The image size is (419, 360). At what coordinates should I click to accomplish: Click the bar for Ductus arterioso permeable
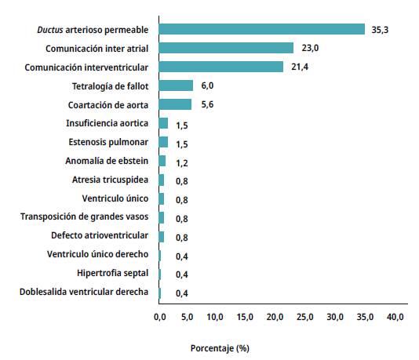tap(262, 29)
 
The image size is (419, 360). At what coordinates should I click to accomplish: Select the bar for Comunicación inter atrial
tap(226, 48)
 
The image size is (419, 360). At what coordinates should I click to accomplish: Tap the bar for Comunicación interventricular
tap(221, 67)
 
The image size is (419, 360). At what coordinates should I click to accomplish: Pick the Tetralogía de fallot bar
tap(176, 85)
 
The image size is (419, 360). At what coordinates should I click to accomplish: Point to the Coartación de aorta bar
tap(175, 104)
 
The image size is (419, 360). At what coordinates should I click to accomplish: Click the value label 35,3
tap(379, 30)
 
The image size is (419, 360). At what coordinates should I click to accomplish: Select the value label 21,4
tap(297, 67)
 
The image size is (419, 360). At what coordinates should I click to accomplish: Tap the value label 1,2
tap(182, 162)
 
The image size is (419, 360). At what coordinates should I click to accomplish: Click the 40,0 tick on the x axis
tap(395, 317)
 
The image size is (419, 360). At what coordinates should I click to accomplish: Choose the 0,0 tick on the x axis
tap(159, 317)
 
